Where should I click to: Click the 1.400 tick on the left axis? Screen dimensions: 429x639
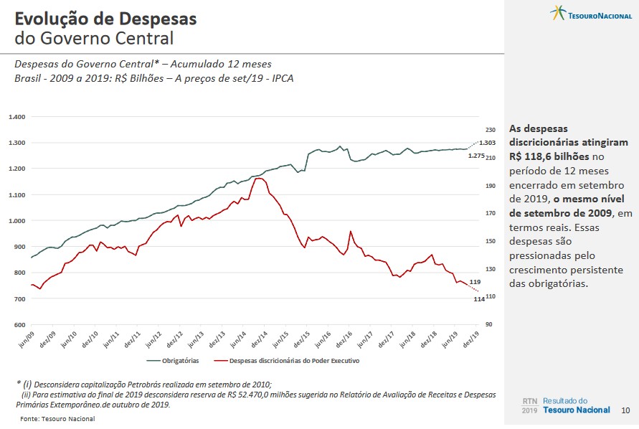tap(16, 117)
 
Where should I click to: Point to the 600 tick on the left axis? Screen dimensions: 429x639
tap(19, 325)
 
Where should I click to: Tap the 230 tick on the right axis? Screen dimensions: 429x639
tap(491, 130)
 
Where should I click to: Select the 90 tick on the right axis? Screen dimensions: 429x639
tap(489, 325)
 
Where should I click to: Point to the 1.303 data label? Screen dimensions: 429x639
tap(488, 143)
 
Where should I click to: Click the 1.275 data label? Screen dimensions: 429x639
tap(475, 156)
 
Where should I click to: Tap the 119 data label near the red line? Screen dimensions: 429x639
tap(475, 282)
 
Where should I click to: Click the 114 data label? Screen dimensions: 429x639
tap(479, 299)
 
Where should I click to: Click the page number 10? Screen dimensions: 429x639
tap(625, 410)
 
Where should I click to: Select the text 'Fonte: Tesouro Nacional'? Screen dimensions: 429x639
tap(57, 419)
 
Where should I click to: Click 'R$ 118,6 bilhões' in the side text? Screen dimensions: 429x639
tap(549, 156)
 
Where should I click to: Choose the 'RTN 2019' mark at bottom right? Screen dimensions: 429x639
tap(529, 405)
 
